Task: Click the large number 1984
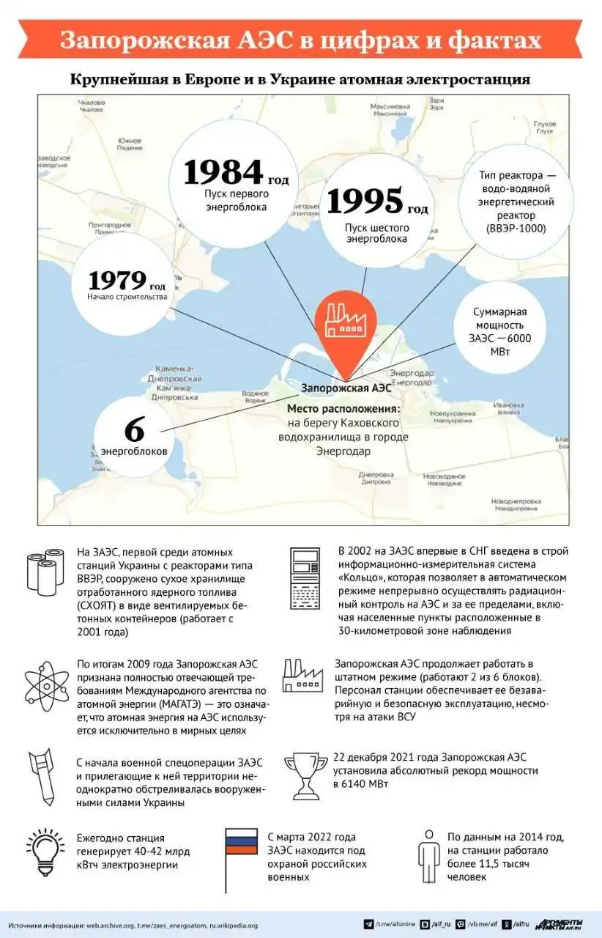point(223,172)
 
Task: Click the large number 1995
point(364,201)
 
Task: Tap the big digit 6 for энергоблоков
point(135,429)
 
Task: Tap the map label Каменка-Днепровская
point(174,373)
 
